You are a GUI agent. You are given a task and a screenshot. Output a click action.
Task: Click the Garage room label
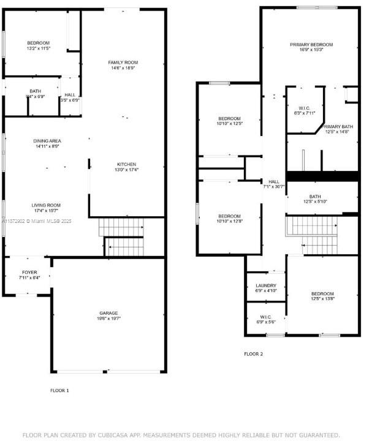[108, 312]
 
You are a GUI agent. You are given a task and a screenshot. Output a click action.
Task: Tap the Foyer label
[29, 272]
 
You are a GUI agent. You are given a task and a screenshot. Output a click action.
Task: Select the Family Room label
[123, 62]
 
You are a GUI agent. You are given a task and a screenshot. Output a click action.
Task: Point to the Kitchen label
[127, 164]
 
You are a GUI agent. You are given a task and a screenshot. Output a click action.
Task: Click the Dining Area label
[47, 141]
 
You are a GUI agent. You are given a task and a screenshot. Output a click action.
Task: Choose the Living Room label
[47, 205]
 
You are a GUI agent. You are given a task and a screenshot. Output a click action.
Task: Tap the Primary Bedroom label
[311, 45]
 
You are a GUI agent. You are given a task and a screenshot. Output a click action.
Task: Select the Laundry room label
[266, 285]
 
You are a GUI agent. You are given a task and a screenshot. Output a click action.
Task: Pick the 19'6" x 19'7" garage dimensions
[108, 318]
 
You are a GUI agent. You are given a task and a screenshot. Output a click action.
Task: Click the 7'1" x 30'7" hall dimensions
[273, 187]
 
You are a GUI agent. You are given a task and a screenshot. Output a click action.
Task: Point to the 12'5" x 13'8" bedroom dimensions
[322, 300]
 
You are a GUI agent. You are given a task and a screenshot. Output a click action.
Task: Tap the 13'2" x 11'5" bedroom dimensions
[38, 48]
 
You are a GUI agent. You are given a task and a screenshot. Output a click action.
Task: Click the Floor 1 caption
[59, 390]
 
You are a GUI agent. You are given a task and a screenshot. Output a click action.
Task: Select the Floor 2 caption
[253, 354]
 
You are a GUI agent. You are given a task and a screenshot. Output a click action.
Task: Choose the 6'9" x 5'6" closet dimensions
[266, 322]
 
